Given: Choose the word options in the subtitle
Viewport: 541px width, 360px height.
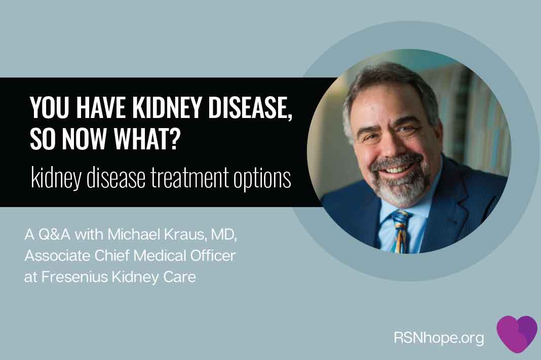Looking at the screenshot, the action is pos(262,179).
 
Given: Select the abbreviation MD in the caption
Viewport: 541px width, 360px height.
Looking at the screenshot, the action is pos(224,235).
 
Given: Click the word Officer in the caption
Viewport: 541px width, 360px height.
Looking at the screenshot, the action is pos(213,256).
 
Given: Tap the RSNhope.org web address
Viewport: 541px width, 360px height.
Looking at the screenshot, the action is pos(439,338).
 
